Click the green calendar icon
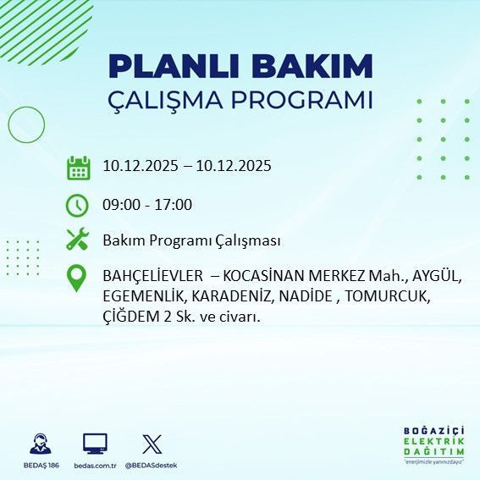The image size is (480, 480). (x=78, y=168)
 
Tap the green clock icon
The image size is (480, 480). (x=78, y=205)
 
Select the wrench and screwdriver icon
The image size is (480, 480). (x=78, y=240)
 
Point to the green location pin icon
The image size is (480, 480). (x=77, y=279)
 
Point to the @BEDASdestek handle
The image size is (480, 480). (x=151, y=465)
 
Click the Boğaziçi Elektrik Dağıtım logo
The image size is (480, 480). (x=433, y=444)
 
